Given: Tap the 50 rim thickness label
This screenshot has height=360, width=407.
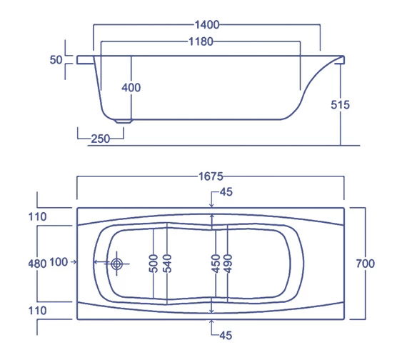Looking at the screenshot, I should point(56,61).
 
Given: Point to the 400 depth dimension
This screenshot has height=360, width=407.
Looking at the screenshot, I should point(131,88).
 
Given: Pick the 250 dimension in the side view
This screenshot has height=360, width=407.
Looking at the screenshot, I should point(100,139).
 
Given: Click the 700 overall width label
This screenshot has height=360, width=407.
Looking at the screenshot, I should point(364,264).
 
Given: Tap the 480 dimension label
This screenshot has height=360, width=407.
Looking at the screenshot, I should point(37,263).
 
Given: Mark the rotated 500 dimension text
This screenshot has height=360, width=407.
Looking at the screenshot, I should point(153,263).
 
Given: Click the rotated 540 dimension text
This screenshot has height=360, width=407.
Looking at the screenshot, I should point(169,263).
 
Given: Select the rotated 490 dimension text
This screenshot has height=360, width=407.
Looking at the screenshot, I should point(228,263).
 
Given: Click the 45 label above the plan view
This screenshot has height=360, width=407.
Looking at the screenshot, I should point(226,192).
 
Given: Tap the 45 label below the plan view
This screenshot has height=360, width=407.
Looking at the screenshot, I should point(226,334).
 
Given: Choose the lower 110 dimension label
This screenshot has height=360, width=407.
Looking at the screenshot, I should point(37,311).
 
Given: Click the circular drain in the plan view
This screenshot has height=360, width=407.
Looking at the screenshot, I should point(117,264).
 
